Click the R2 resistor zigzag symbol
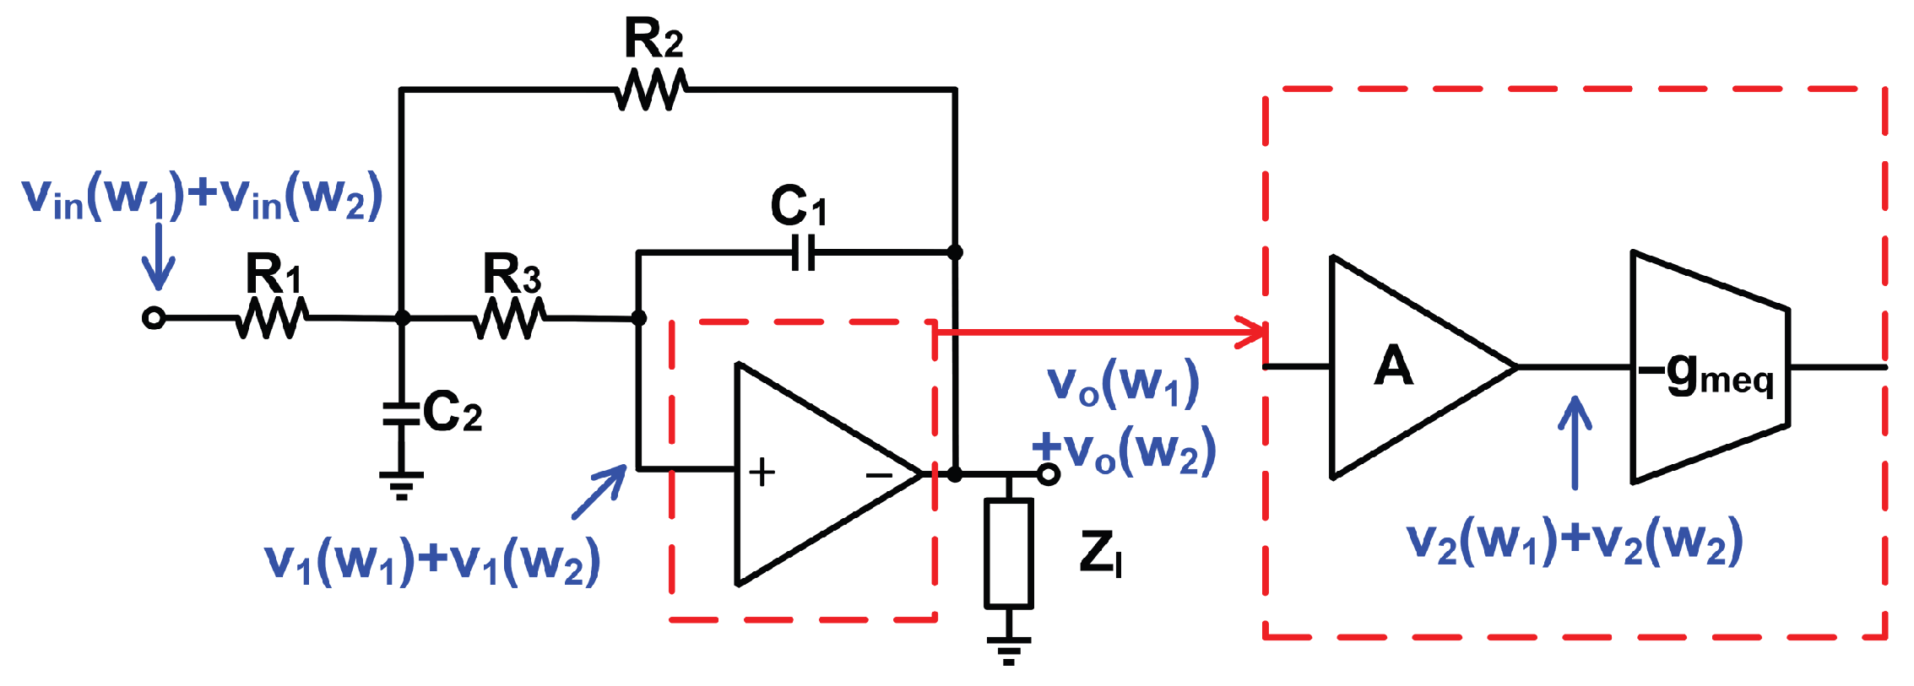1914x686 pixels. point(650,89)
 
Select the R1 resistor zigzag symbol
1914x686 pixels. point(271,318)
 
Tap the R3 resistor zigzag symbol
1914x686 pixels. point(509,319)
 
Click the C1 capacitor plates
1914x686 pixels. point(804,252)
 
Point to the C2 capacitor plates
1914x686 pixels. point(401,413)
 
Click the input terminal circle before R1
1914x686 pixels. point(153,318)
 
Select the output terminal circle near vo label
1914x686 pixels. point(1048,474)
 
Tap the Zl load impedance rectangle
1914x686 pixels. point(1008,554)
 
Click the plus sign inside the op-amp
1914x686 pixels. point(762,472)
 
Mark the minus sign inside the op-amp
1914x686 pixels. point(879,475)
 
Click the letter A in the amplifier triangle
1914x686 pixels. point(1393,366)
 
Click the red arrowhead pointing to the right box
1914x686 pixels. point(1253,332)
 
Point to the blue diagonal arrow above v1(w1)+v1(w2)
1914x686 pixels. point(599,491)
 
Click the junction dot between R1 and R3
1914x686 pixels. point(403,318)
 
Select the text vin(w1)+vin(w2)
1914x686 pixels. point(203,197)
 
